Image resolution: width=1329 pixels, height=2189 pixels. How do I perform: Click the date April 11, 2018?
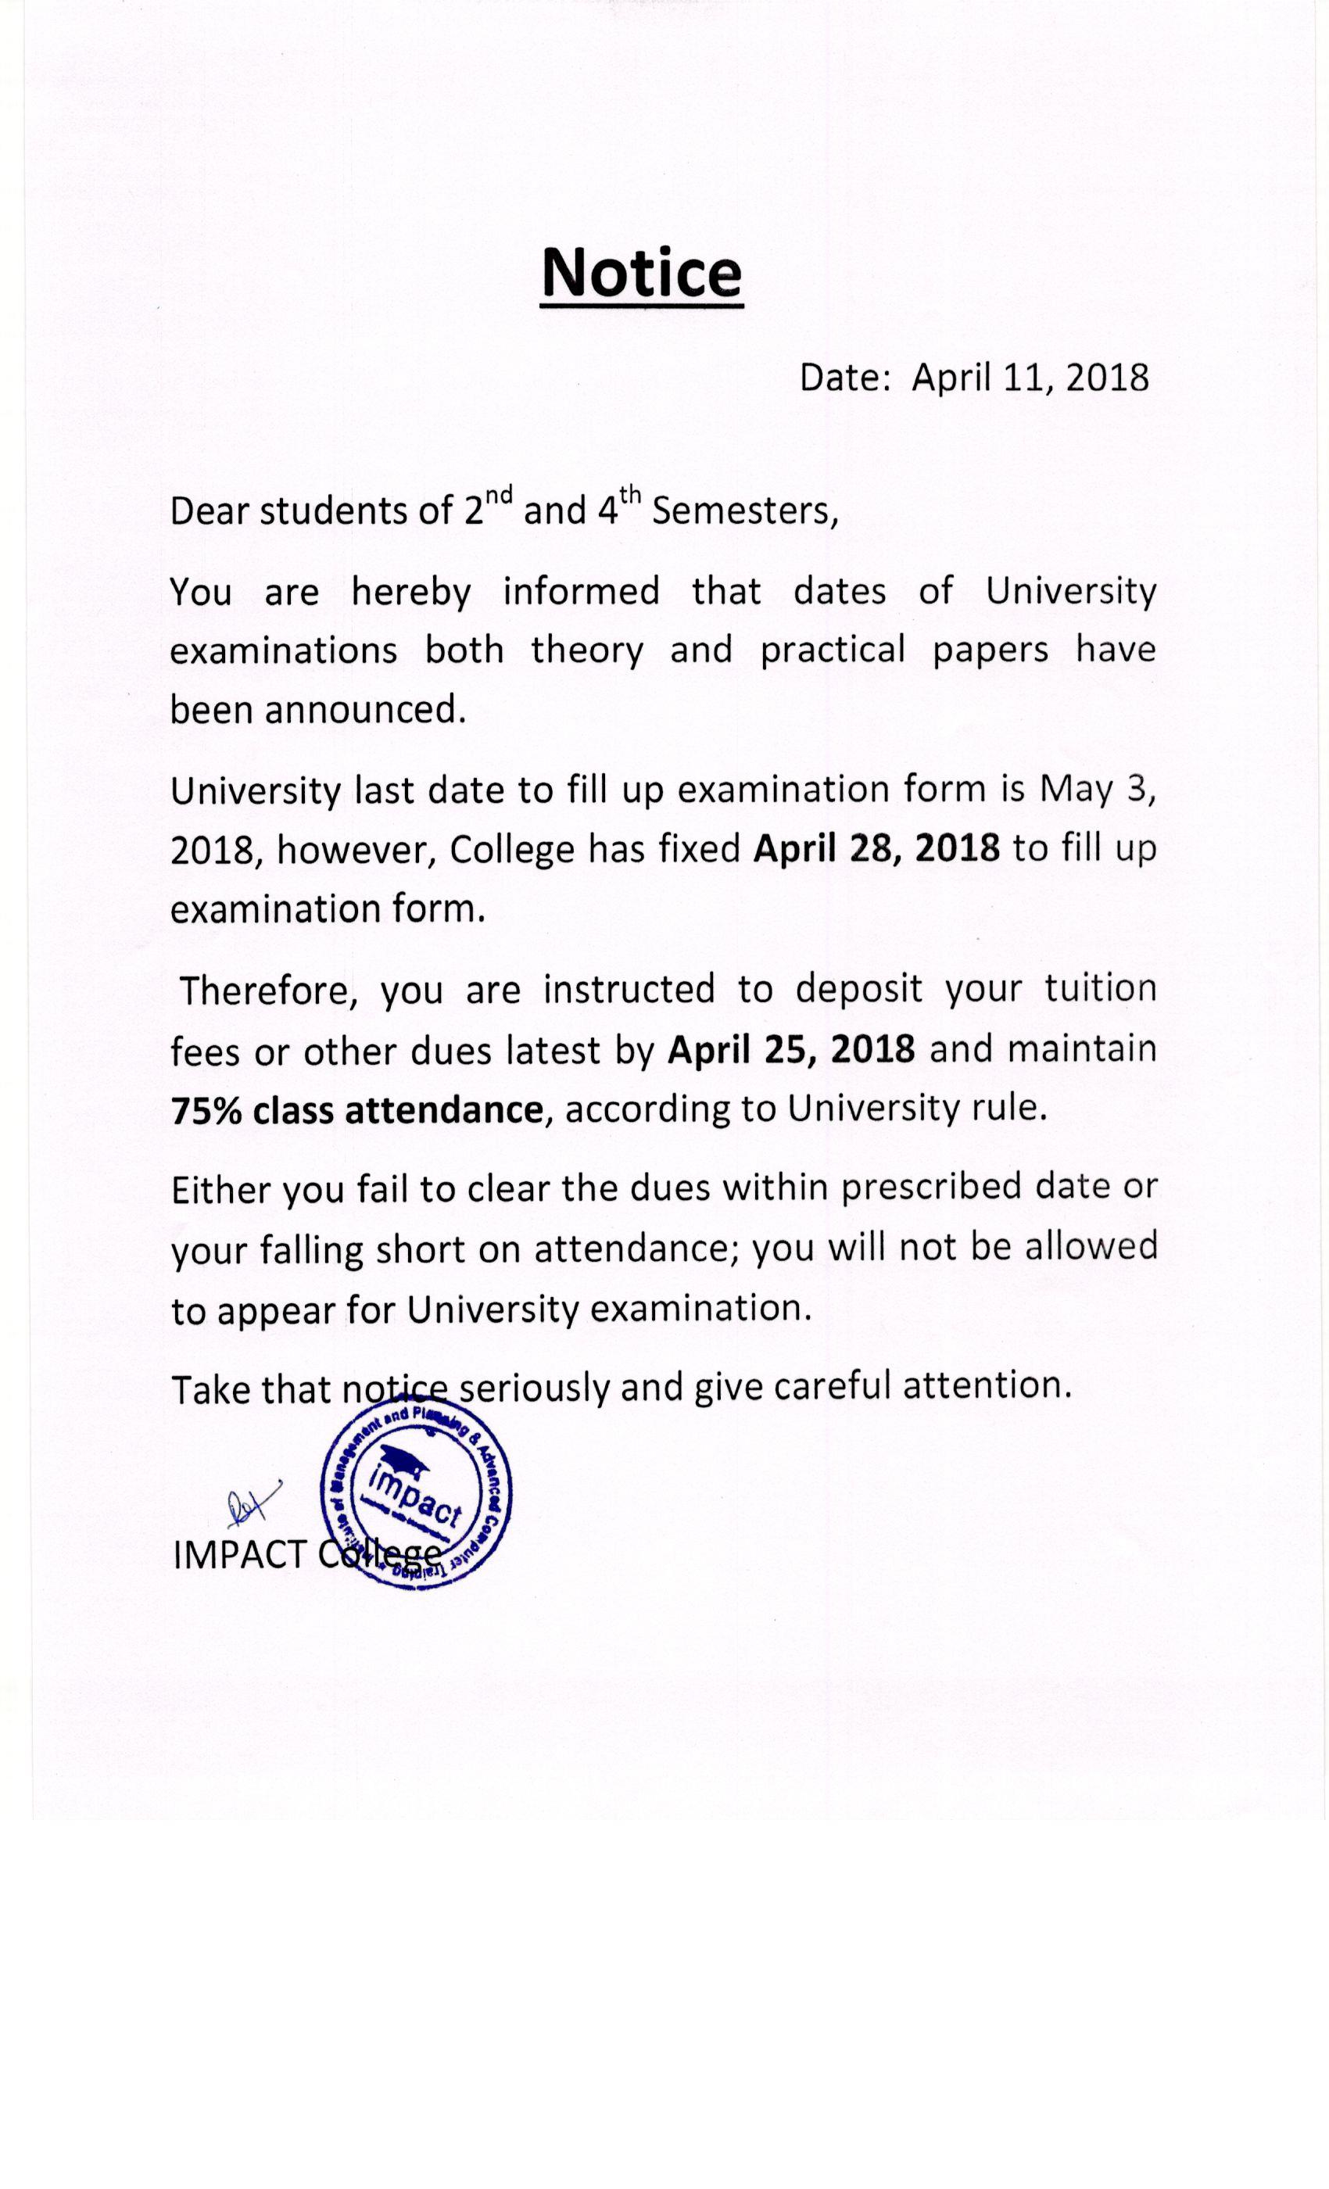point(1030,378)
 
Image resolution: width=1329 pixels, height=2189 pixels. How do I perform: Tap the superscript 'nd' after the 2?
point(500,494)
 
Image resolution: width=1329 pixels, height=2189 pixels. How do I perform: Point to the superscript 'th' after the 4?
point(630,494)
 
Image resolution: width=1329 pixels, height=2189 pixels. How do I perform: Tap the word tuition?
point(1101,988)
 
